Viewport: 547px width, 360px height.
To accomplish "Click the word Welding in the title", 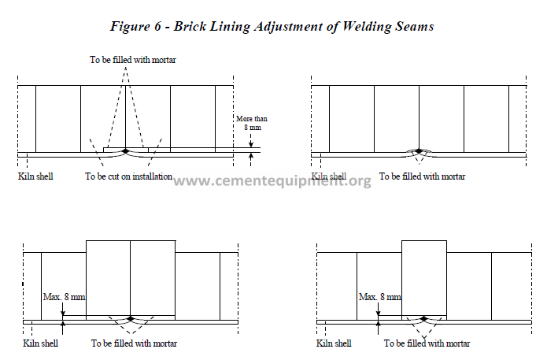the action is tap(367, 27).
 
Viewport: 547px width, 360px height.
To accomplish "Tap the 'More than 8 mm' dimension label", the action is tap(252, 123).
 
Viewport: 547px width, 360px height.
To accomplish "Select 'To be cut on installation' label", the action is tap(129, 176).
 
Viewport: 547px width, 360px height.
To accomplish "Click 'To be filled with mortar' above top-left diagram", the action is tap(133, 60).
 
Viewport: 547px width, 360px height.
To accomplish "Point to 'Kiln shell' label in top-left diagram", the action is tap(35, 176).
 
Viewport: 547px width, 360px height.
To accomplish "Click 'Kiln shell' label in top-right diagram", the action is tap(329, 176).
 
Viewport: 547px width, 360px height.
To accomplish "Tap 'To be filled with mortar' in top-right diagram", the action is tap(422, 176).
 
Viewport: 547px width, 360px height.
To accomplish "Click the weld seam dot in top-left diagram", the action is tap(126, 151).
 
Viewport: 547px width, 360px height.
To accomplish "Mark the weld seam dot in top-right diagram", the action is tap(419, 151).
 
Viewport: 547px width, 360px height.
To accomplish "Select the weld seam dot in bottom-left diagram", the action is tap(131, 318).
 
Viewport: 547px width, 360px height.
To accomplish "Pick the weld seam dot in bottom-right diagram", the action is tap(424, 318).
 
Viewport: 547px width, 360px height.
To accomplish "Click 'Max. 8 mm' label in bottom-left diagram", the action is tap(65, 297).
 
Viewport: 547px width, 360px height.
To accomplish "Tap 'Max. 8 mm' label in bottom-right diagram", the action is tap(380, 297).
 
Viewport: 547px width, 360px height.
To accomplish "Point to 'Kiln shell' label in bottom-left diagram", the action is tap(40, 343).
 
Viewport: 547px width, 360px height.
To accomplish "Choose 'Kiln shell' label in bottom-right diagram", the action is tap(334, 343).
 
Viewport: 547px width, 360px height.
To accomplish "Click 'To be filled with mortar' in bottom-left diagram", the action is tap(135, 343).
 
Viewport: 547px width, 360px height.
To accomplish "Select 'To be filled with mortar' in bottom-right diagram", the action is tap(427, 343).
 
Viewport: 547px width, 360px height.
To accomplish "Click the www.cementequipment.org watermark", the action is tap(272, 181).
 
